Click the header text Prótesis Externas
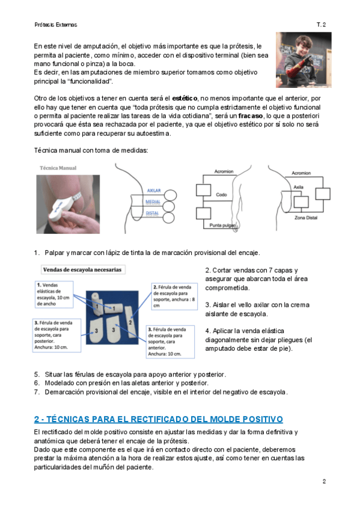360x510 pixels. (x=55, y=25)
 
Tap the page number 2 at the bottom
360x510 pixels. (x=324, y=481)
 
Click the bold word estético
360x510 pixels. (x=185, y=98)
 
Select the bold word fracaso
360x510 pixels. (x=250, y=116)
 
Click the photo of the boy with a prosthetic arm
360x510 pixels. (x=304, y=60)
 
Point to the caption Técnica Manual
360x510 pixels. (x=58, y=168)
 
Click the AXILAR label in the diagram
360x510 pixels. (x=154, y=191)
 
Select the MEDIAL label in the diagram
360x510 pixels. (x=153, y=202)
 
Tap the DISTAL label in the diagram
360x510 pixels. (x=152, y=214)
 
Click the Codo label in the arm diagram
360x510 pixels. (x=221, y=194)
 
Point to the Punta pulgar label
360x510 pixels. (x=223, y=225)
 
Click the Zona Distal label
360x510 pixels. (x=306, y=218)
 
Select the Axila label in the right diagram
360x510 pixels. (x=298, y=187)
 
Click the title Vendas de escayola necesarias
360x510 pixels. (x=82, y=269)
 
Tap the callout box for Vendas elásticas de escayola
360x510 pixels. (x=54, y=294)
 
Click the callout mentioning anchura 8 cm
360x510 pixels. (x=174, y=296)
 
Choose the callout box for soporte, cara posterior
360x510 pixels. (x=56, y=335)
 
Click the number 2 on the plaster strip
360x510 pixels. (x=130, y=322)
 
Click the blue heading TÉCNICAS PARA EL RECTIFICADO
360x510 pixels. (x=159, y=419)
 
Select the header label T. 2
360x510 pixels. (x=321, y=25)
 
